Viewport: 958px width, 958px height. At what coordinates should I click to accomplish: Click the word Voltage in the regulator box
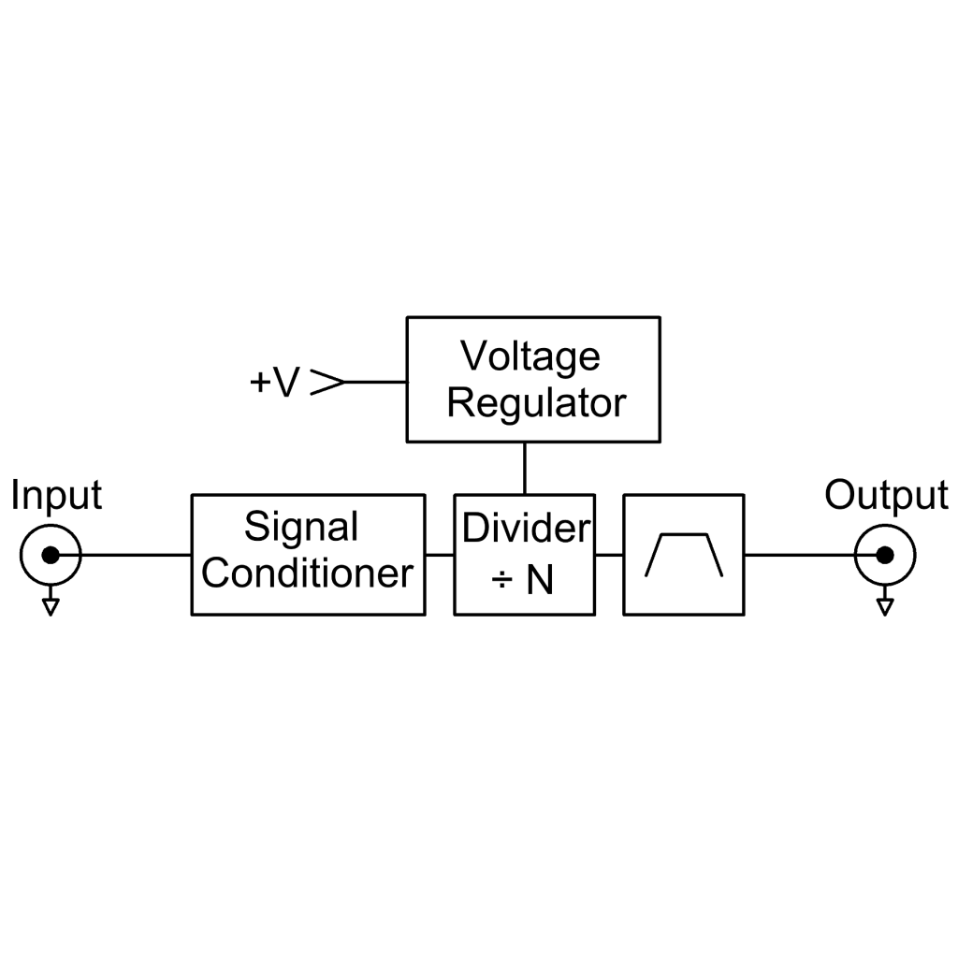point(530,357)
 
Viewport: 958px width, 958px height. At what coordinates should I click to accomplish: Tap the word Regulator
point(536,402)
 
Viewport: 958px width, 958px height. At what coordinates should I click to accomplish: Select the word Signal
point(301,528)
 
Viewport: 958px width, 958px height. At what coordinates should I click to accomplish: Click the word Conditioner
point(307,573)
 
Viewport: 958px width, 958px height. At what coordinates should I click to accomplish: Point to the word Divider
point(526,528)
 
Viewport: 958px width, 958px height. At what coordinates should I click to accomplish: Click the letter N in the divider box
point(540,580)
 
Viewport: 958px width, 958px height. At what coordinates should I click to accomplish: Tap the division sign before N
point(501,580)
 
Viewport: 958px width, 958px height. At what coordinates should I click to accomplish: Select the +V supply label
point(275,382)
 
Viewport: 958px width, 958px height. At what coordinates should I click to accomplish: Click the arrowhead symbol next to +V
point(328,382)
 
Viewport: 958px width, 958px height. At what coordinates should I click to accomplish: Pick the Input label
point(56,496)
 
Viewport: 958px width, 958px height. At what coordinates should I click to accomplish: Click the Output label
point(887,495)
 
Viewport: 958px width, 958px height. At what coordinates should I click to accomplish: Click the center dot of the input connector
point(51,556)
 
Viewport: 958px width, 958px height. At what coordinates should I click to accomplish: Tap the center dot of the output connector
point(885,556)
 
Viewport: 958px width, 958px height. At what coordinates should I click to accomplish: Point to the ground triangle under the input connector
point(51,606)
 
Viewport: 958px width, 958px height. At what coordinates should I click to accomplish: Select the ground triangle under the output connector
point(885,606)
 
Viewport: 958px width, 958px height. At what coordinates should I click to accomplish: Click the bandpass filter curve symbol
point(684,535)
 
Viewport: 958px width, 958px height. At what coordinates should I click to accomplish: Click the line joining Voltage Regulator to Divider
point(525,468)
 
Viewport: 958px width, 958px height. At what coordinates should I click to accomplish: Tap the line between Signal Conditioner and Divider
point(440,556)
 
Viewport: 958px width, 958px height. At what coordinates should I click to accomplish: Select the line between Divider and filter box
point(609,556)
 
